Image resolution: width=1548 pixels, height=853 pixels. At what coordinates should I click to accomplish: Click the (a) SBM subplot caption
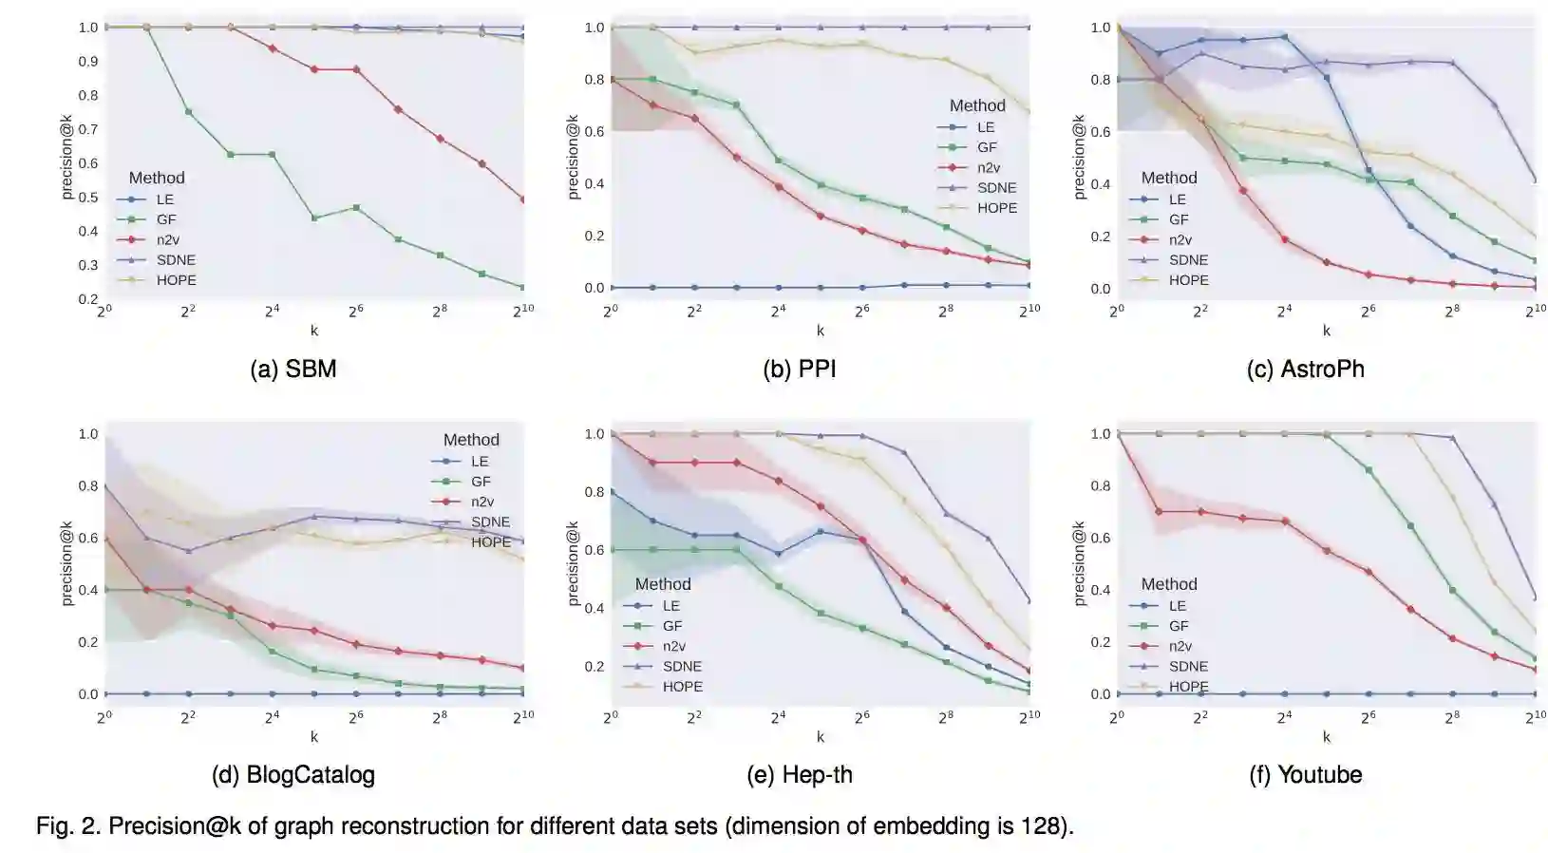click(293, 369)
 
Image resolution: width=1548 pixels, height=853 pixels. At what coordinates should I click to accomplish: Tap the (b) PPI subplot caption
click(800, 369)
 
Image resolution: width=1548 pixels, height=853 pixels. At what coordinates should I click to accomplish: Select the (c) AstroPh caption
click(1305, 369)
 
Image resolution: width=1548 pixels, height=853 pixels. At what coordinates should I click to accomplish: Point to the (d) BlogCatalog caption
click(293, 775)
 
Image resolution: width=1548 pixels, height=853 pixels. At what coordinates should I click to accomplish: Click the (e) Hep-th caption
click(800, 775)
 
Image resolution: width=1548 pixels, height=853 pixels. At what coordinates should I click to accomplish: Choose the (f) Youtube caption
click(1305, 775)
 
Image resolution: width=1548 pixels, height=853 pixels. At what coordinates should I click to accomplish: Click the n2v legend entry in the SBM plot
click(167, 239)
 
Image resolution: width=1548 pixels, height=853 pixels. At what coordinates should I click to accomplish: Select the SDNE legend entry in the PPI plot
click(996, 188)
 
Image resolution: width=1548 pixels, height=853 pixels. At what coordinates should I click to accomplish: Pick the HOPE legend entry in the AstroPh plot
click(1188, 280)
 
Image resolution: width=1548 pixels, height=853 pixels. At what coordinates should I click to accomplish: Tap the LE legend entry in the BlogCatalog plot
click(480, 462)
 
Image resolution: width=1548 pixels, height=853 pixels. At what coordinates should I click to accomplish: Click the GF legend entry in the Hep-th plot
click(672, 626)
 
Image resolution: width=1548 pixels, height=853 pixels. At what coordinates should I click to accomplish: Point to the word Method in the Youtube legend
click(1168, 584)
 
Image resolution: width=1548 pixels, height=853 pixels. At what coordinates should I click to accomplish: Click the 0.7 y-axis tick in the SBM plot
click(88, 129)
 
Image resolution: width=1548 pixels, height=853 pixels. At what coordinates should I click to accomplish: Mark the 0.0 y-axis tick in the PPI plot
click(595, 288)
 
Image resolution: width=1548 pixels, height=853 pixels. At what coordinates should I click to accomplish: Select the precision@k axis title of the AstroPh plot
click(1079, 157)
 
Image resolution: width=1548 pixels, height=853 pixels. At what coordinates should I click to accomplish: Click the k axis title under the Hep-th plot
click(821, 736)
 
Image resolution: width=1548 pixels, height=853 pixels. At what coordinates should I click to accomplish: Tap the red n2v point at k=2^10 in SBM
click(523, 199)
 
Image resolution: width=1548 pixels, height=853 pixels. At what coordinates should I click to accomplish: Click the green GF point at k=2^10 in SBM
click(523, 287)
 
